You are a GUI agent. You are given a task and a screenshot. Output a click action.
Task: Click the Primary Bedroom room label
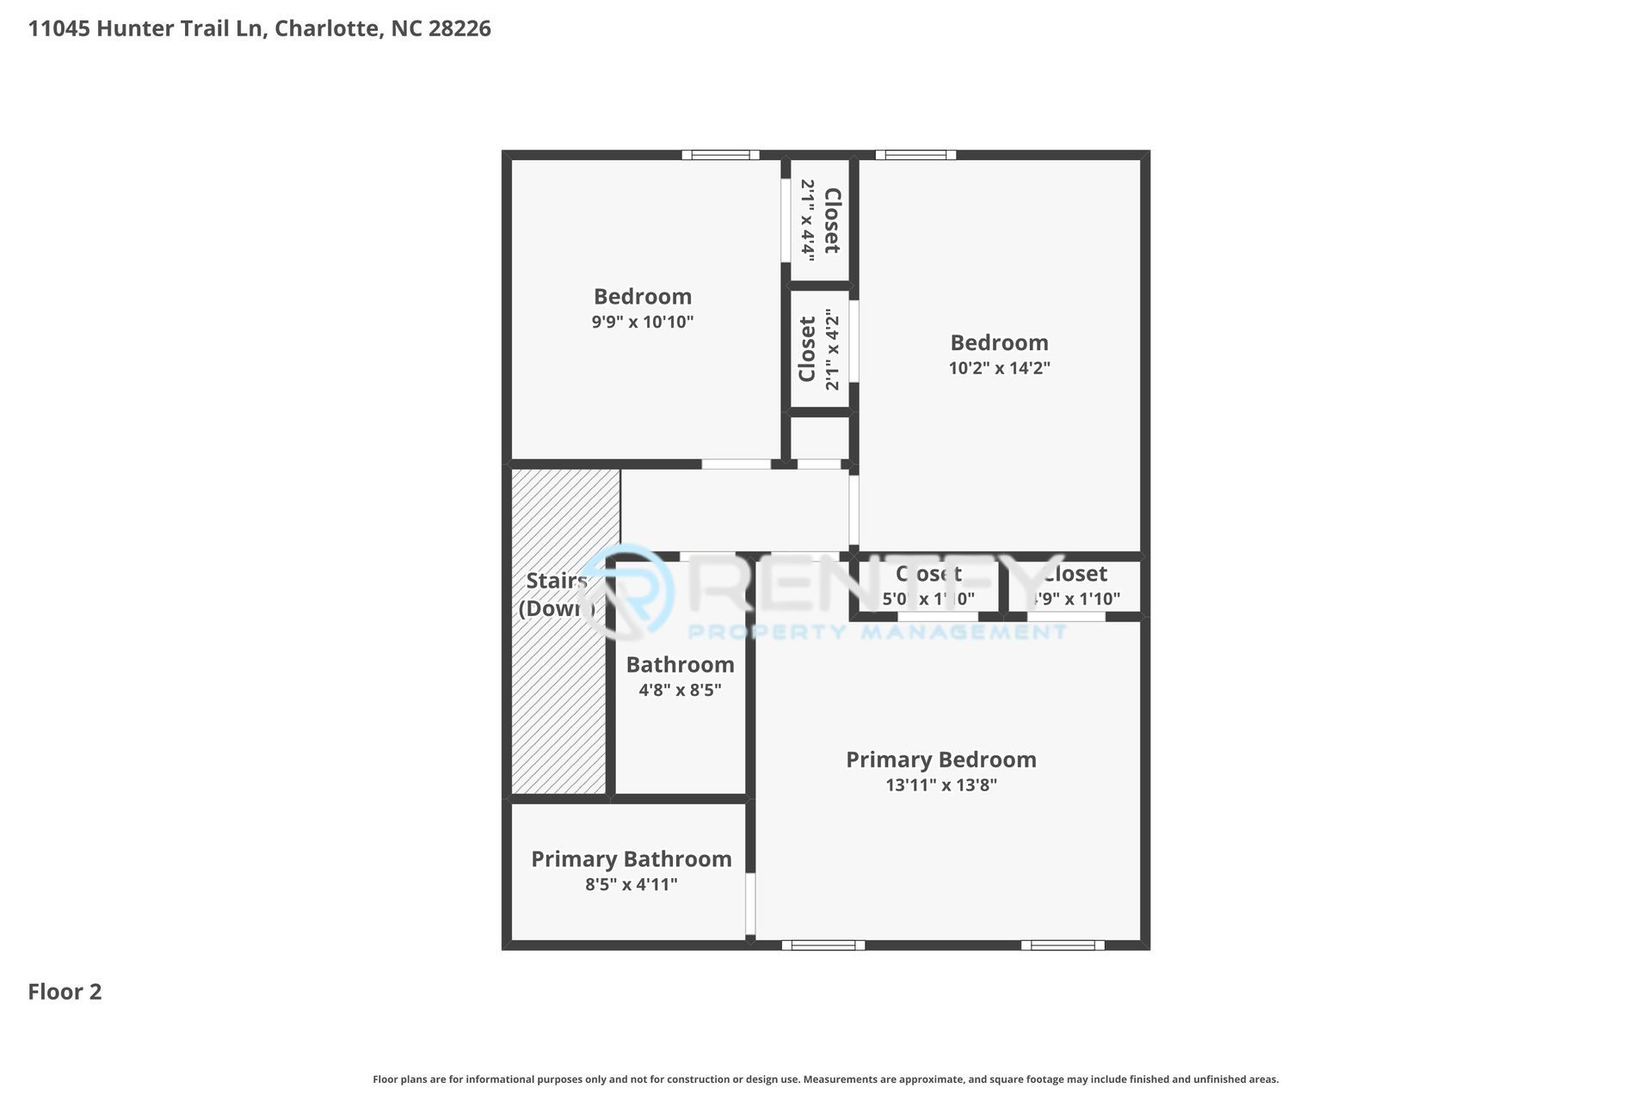[x=940, y=760]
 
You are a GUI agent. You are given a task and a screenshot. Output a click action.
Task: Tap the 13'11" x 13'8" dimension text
[x=940, y=785]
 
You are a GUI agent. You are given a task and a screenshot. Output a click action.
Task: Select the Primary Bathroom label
[x=631, y=858]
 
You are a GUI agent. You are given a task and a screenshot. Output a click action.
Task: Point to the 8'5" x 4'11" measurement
[x=631, y=884]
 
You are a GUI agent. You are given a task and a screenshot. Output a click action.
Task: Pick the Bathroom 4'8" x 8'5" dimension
[x=680, y=690]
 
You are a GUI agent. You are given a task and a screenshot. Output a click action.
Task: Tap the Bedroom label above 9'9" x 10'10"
[x=642, y=296]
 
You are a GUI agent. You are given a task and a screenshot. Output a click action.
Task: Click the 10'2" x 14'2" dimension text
[x=999, y=368]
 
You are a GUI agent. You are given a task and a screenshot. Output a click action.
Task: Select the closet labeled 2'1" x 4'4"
[x=820, y=220]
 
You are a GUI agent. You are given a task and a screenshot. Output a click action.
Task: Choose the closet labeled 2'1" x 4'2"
[x=820, y=349]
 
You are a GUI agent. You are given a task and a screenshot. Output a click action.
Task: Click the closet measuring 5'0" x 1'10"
[x=928, y=587]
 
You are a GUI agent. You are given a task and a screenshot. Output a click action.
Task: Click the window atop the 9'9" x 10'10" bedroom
[x=720, y=155]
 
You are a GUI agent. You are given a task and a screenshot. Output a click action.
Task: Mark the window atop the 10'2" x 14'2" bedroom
[x=915, y=155]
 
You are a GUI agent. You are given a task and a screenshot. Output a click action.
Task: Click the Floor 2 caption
[x=65, y=992]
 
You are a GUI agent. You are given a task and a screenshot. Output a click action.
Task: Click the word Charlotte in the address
[x=326, y=28]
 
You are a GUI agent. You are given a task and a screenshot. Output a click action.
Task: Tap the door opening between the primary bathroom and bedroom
[x=750, y=903]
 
